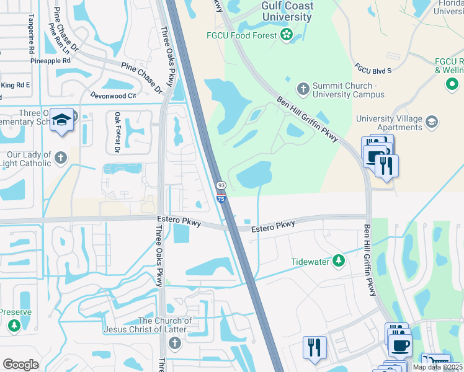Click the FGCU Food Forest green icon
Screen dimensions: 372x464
coord(286,35)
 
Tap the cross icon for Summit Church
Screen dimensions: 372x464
coord(303,89)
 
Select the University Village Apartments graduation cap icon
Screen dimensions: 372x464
coord(432,122)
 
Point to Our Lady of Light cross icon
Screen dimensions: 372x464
coord(60,157)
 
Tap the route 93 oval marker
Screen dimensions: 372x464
coord(220,185)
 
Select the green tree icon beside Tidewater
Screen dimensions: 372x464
coord(338,261)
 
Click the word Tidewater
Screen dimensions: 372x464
coord(310,262)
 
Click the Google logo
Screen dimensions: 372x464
coord(20,365)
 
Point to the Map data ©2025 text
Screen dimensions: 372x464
coord(437,367)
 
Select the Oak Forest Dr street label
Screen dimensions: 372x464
coord(117,132)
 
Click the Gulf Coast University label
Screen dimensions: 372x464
coord(287,12)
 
